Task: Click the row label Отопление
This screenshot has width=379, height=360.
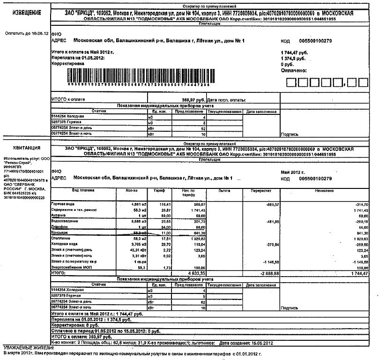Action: coord(62,238)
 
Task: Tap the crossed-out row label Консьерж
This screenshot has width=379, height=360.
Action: coord(61,232)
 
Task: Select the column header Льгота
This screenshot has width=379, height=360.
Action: coord(224,191)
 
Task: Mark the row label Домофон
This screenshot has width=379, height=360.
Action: coord(60,227)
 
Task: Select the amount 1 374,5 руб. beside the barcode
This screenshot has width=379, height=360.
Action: coord(293,58)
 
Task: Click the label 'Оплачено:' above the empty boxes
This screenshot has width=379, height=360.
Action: coord(294,70)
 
